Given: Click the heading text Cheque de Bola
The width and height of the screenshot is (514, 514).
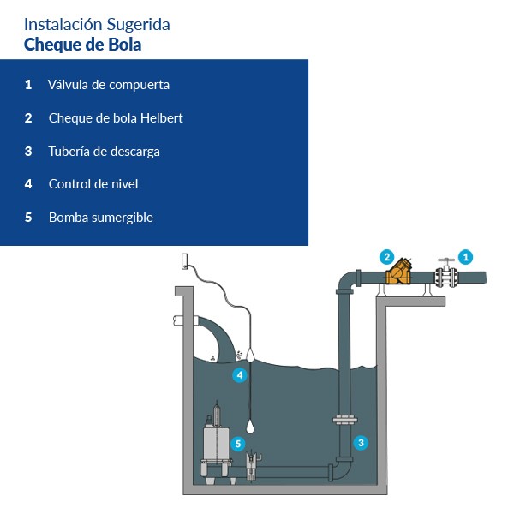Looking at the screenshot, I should tap(82, 45).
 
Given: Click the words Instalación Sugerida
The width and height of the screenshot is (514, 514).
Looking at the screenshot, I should tap(97, 24).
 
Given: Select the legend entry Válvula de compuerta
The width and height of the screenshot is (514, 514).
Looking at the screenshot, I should tap(109, 85).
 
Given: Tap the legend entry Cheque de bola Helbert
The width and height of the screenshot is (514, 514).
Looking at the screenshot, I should tap(116, 118).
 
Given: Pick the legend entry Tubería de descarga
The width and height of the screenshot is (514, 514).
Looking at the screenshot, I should tap(104, 152).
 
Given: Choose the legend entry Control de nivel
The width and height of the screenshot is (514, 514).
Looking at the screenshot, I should tap(93, 184).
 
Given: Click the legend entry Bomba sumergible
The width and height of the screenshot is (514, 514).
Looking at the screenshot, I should tap(100, 218).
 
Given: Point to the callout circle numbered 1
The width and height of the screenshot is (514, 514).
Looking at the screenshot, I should tap(465, 256).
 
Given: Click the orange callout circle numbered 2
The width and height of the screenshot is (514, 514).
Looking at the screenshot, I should tap(386, 256).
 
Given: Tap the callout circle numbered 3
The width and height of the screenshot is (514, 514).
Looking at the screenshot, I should tap(362, 443).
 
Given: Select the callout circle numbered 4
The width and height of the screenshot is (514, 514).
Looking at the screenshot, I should tap(239, 375).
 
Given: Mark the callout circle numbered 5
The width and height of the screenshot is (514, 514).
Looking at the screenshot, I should tap(238, 443).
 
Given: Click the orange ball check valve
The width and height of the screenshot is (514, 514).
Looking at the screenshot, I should tap(398, 274).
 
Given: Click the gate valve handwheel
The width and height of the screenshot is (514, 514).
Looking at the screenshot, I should tap(445, 261).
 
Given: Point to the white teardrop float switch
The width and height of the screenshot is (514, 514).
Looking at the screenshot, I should tap(251, 425).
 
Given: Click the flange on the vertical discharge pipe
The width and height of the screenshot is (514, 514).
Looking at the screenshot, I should tap(344, 420).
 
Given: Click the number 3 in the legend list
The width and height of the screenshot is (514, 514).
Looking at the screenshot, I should tap(28, 152).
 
